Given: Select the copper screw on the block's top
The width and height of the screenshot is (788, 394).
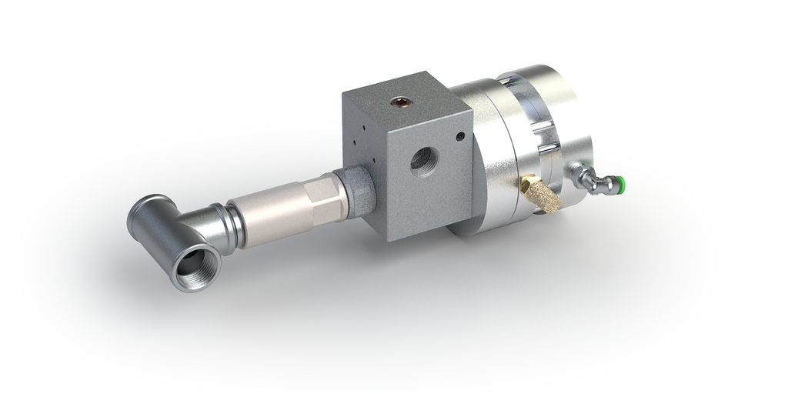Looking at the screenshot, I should coord(400,101).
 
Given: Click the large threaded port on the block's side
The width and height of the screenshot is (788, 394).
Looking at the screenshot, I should coord(422,161).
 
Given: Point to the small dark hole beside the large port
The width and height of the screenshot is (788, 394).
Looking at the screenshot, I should coord(460,136).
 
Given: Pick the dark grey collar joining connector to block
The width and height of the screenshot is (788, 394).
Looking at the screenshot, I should coord(361,189).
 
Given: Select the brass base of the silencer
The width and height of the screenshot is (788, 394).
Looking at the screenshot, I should coord(527,185).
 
